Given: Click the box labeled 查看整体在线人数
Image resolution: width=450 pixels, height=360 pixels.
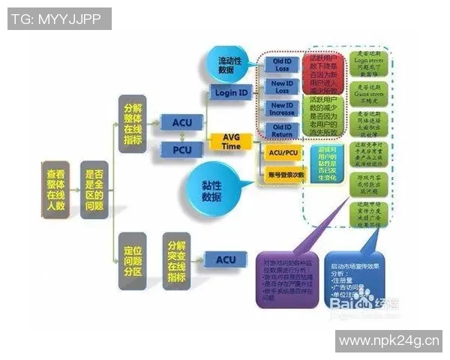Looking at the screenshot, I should pyautogui.click(x=55, y=189).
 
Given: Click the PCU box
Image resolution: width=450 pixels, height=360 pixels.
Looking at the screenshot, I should pyautogui.click(x=182, y=151).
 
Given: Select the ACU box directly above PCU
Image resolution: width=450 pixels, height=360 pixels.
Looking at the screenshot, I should pyautogui.click(x=182, y=121).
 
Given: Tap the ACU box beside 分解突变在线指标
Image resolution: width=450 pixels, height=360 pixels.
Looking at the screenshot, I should pyautogui.click(x=226, y=260).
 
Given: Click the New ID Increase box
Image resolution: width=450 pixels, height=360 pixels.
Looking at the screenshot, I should pyautogui.click(x=281, y=109).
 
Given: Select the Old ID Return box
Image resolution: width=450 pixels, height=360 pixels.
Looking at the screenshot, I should pyautogui.click(x=281, y=130).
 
